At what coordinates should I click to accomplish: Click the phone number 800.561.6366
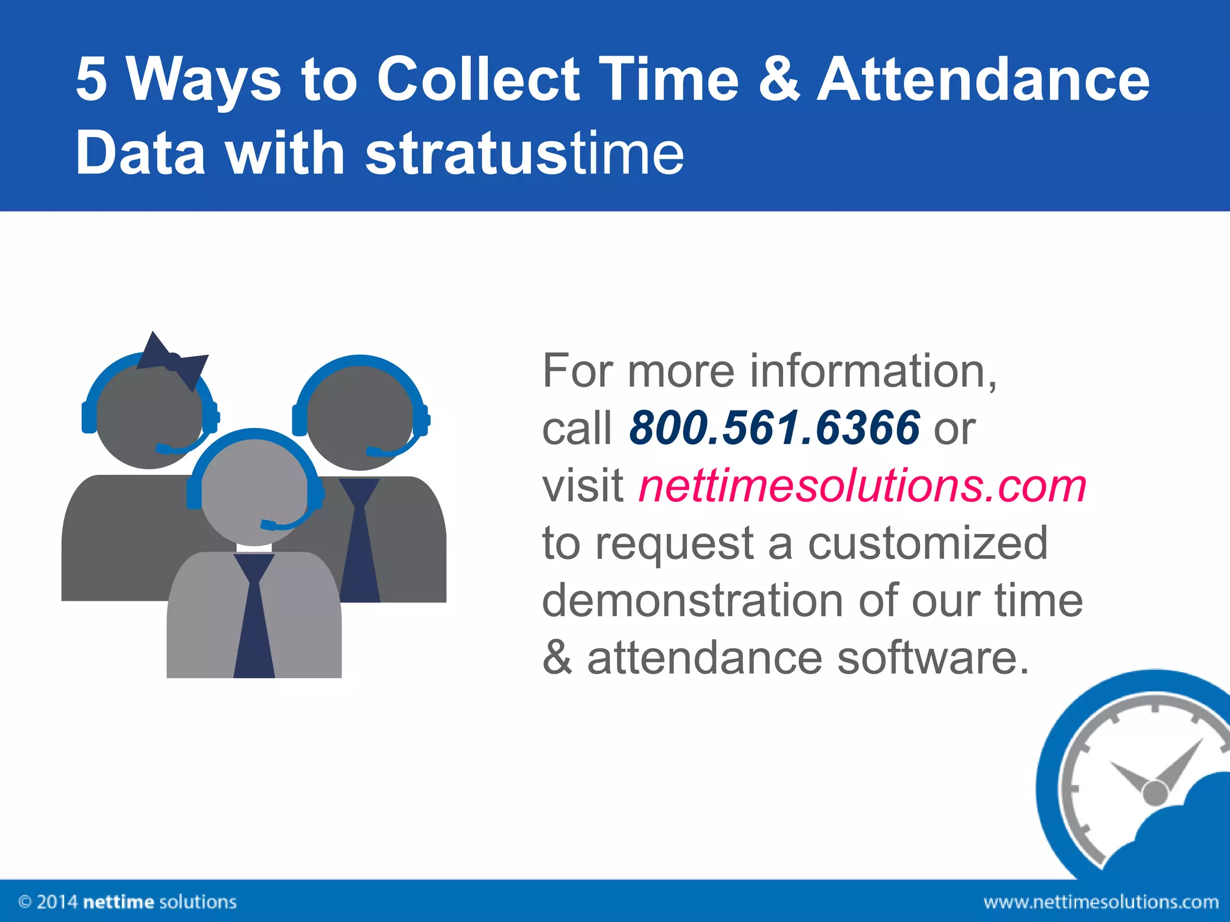pyautogui.click(x=774, y=427)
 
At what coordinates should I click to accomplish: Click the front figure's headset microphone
pyautogui.click(x=268, y=525)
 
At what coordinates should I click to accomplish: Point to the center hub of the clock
pyautogui.click(x=1154, y=793)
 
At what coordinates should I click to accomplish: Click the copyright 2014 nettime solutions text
pyautogui.click(x=127, y=902)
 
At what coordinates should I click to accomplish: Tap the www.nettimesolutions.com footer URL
pyautogui.click(x=1100, y=902)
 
